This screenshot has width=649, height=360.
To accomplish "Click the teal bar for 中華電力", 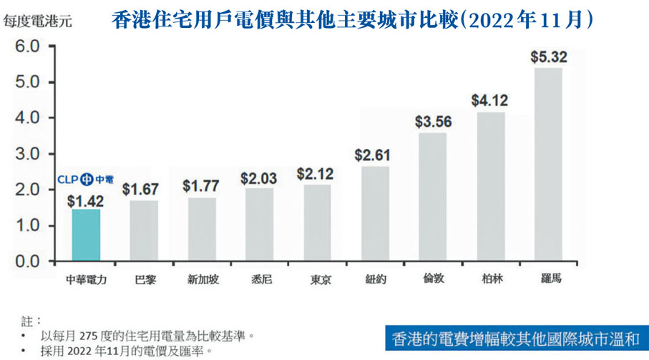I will [86, 235].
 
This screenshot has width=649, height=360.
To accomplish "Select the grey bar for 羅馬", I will [547, 165].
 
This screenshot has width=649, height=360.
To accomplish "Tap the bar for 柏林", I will [490, 187].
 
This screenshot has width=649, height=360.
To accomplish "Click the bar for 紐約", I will [375, 214].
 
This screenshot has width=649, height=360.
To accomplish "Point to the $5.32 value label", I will [547, 57].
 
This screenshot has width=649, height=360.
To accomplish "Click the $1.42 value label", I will [85, 201].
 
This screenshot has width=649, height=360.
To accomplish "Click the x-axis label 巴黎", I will [144, 279].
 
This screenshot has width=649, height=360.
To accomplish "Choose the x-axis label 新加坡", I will [202, 279].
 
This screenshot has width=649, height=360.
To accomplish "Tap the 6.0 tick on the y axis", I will [25, 47].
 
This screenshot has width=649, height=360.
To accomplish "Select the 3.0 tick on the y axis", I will [25, 154].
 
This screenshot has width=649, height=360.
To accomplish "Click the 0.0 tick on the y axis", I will [25, 262].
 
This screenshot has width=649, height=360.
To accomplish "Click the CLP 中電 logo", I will [85, 179].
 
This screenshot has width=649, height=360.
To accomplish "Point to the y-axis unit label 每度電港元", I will [37, 21].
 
